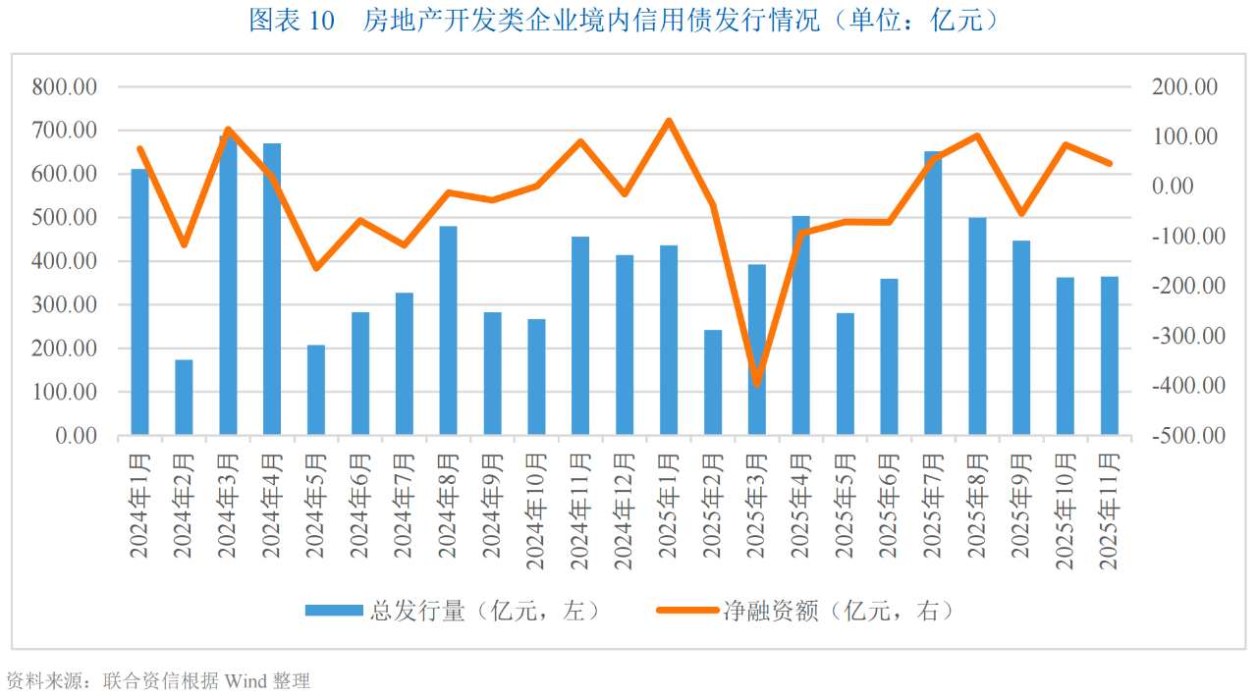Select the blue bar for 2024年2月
(184, 397)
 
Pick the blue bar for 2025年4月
(800, 325)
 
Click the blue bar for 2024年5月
(316, 390)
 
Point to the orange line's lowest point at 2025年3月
(756, 384)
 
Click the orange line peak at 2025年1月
(669, 121)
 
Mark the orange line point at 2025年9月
(1021, 213)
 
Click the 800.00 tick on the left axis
(65, 86)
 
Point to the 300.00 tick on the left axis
(65, 304)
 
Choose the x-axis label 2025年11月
(1109, 510)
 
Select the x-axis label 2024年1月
(139, 506)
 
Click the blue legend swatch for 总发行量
(334, 611)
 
